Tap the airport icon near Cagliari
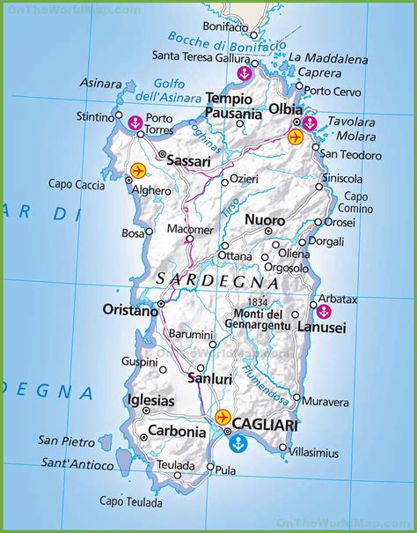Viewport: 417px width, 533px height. coord(222,416)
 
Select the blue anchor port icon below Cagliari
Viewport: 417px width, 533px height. coord(237,446)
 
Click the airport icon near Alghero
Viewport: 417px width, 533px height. coord(162,170)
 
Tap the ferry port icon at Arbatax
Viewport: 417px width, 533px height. coord(323,311)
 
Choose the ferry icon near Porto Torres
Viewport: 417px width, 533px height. coord(135,122)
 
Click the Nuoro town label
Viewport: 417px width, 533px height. coord(264,219)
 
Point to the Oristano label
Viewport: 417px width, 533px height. coord(130,310)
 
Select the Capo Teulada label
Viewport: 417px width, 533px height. coord(130,502)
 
